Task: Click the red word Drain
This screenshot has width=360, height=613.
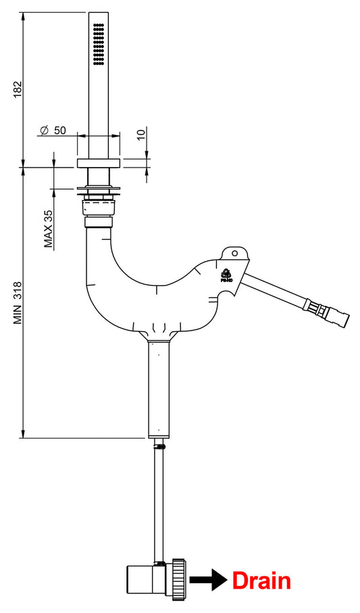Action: click(261, 581)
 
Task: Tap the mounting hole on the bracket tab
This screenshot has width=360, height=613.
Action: click(235, 253)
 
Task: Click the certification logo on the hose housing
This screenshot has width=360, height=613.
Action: click(226, 274)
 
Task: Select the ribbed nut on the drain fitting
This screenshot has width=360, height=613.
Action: click(180, 579)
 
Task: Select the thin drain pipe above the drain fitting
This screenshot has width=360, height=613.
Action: click(160, 500)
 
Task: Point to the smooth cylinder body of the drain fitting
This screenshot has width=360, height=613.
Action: click(145, 580)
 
